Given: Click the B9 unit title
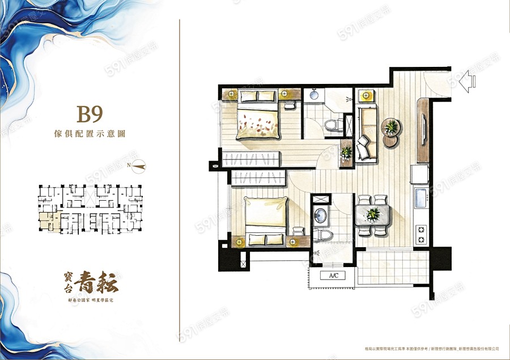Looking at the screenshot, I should (90, 115).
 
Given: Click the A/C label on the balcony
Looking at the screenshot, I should (334, 276).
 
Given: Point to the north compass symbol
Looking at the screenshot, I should (139, 166).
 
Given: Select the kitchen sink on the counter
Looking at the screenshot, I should (421, 198).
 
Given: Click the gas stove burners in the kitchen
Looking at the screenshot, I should (421, 232).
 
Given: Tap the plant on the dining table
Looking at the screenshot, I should (373, 214).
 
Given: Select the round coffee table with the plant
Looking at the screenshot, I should (390, 125).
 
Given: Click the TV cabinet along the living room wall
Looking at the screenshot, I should (423, 129).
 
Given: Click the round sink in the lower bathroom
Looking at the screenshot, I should (321, 216).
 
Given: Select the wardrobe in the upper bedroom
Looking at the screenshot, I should (252, 159).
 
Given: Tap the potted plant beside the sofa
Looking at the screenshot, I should (346, 152).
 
